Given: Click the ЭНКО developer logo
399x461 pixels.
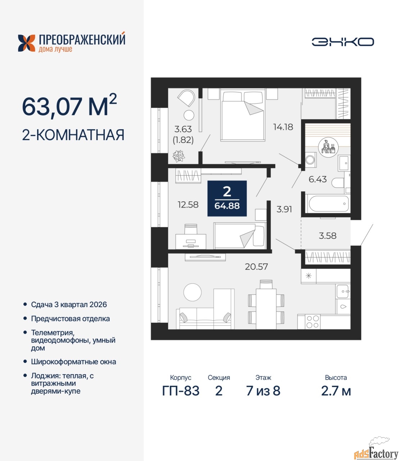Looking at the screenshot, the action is (x=343, y=42).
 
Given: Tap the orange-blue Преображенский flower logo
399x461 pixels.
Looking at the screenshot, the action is (x=27, y=43).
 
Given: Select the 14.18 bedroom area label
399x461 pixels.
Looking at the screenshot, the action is (x=283, y=127).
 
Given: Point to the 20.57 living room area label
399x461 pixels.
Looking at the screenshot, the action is (x=256, y=267).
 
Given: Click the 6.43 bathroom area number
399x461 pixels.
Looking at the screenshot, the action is (x=317, y=179).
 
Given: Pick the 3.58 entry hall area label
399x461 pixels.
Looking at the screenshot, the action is (x=327, y=236).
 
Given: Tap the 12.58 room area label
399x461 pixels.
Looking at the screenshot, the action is (x=188, y=205).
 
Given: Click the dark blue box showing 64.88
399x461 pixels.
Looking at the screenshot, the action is (x=227, y=198).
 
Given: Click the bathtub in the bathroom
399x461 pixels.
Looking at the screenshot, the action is (x=327, y=203).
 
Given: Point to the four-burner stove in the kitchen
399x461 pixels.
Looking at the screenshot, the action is (x=313, y=322).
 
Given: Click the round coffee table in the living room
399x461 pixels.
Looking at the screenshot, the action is (x=192, y=292).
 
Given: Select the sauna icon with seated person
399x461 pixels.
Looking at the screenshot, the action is (x=328, y=147).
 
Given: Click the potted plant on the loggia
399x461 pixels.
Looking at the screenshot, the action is (x=179, y=156).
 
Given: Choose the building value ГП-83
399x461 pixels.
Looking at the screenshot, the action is (x=181, y=391).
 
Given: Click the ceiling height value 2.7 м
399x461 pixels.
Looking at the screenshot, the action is (x=336, y=391).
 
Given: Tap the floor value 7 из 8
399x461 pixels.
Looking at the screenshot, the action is (x=263, y=391).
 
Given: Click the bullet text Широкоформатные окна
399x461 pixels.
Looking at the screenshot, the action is (x=73, y=362).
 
